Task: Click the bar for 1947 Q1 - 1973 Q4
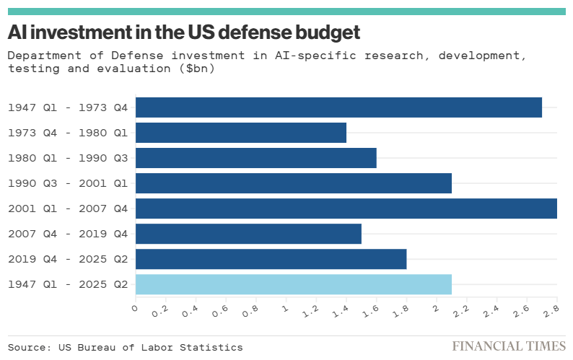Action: [x=338, y=107]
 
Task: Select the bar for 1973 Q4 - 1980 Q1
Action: [x=241, y=133]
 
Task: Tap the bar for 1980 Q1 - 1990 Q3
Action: [x=256, y=158]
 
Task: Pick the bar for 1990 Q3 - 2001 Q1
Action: [x=294, y=183]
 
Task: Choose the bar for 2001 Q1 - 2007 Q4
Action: [x=346, y=208]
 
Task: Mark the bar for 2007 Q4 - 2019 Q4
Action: [x=248, y=234]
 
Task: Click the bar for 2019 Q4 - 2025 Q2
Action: [x=271, y=259]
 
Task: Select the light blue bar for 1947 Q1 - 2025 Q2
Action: [x=294, y=284]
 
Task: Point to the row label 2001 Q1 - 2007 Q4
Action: [x=68, y=208]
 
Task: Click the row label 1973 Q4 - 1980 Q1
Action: [x=68, y=133]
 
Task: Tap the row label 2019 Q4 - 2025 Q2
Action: [x=68, y=259]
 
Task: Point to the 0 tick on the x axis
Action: [x=135, y=309]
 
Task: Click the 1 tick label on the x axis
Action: [x=285, y=309]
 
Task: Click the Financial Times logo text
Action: [x=508, y=346]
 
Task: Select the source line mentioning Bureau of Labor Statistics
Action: [x=126, y=347]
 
